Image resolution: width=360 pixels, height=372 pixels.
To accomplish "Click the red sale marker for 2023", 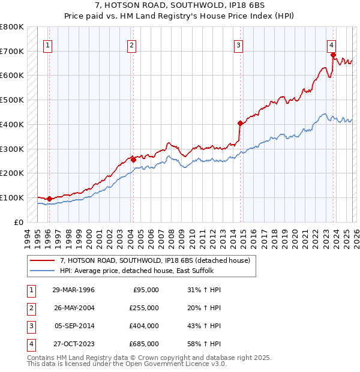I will (333, 55).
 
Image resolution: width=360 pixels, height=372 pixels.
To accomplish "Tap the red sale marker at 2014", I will (240, 123).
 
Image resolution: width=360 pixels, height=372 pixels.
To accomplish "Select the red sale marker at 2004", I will (133, 160).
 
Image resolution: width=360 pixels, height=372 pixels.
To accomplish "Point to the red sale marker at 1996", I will (49, 199).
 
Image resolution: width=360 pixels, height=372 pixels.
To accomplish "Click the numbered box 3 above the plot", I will (238, 44).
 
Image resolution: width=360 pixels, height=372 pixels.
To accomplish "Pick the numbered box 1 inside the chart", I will (47, 44).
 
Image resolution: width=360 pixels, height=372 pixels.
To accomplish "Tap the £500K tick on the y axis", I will (11, 100).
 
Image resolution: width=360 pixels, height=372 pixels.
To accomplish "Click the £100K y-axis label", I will (11, 197).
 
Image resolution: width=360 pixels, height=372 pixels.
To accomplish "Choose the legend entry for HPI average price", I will (136, 271).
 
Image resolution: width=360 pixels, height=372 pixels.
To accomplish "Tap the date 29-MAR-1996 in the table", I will (73, 290).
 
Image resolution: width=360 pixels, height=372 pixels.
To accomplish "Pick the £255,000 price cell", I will (144, 308).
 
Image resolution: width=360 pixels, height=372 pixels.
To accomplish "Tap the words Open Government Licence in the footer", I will (176, 364).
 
